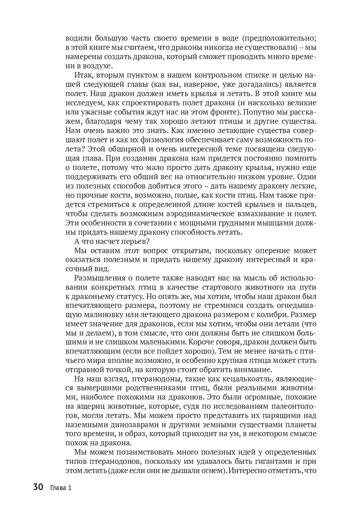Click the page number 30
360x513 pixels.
click(x=38, y=487)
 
